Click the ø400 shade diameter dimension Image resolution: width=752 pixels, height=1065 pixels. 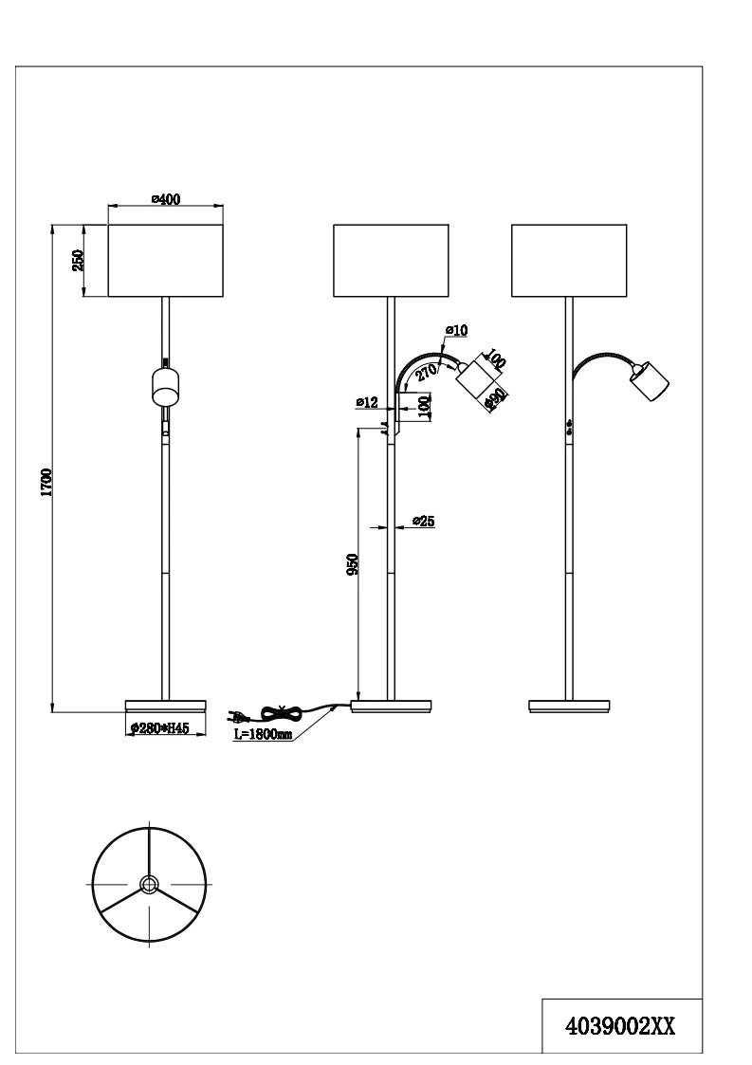[x=166, y=199]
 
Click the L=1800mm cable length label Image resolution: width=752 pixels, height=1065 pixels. [x=262, y=734]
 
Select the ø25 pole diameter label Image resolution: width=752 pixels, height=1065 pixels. [x=424, y=522]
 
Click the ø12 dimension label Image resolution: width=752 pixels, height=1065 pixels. [x=367, y=403]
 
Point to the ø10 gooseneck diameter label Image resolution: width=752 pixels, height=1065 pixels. [x=456, y=330]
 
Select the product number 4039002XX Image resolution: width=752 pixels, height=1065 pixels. [x=620, y=1026]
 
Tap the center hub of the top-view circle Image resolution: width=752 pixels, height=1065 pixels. [x=148, y=884]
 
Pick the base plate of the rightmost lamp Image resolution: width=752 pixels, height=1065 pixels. [x=569, y=706]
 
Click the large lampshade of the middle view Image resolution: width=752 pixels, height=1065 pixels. [x=391, y=260]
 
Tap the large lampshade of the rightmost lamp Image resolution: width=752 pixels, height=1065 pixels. [x=568, y=260]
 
